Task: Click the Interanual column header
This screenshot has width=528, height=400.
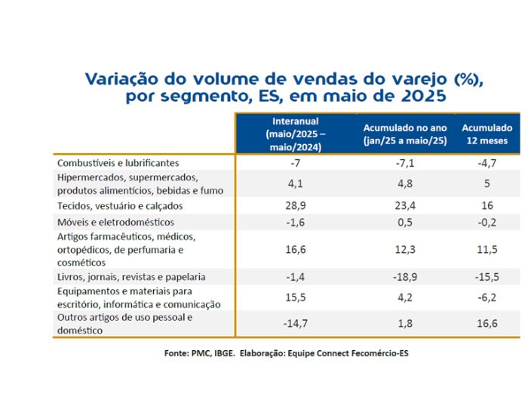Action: click(x=296, y=134)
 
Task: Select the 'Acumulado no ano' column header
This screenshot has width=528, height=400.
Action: click(x=405, y=134)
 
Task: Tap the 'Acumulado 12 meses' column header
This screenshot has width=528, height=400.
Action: click(x=487, y=134)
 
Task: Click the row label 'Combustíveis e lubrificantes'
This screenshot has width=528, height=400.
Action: click(x=118, y=163)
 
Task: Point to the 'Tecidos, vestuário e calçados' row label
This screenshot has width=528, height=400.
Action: click(x=120, y=206)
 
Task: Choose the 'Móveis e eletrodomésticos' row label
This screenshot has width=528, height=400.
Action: click(x=115, y=223)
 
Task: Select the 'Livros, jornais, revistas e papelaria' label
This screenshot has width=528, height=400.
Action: click(x=131, y=277)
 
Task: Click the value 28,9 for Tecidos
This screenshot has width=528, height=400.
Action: click(x=296, y=205)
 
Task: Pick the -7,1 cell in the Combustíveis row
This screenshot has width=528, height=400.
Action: click(x=405, y=163)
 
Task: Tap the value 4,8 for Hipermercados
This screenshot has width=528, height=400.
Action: click(x=405, y=183)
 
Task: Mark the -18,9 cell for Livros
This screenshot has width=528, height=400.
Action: click(x=405, y=277)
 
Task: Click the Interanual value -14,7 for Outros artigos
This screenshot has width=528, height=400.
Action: click(x=296, y=324)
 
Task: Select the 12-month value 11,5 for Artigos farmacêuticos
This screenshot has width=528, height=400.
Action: click(x=487, y=250)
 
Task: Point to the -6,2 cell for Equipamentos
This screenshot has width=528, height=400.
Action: click(x=487, y=297)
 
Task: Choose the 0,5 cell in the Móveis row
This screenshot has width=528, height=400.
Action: click(x=405, y=223)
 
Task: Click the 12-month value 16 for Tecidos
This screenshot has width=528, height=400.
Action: click(x=487, y=205)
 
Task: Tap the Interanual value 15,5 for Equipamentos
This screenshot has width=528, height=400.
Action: click(x=296, y=297)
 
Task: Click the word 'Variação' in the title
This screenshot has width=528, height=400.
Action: click(x=121, y=79)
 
